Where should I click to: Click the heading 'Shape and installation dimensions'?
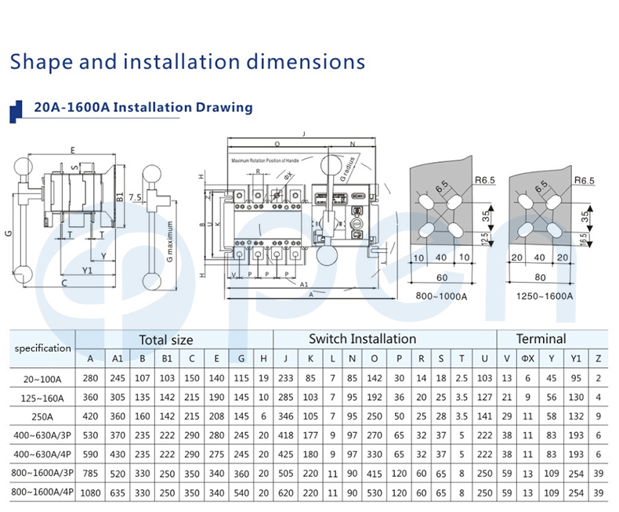187,62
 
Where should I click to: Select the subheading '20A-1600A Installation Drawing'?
143,107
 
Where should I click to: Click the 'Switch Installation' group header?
362,339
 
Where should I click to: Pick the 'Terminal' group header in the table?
541,339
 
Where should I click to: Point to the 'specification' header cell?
42,348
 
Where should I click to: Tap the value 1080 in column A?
91,492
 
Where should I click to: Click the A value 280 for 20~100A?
91,378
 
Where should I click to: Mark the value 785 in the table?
91,473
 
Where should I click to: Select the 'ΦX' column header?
530,359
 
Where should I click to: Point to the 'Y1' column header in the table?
576,359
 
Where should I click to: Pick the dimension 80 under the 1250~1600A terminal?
539,277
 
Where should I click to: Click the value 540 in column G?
241,492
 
